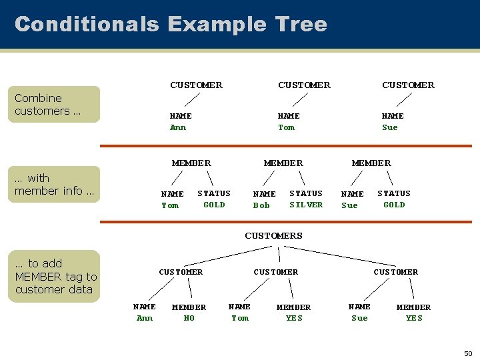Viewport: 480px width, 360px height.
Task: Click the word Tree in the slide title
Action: pos(299,25)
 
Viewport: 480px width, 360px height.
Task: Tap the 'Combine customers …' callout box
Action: pos(57,105)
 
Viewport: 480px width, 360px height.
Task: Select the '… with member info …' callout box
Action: pos(57,185)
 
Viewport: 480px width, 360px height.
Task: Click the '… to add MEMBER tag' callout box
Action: pos(57,276)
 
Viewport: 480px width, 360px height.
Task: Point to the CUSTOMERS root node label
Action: pos(273,236)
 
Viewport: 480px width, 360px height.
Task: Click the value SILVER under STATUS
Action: pos(306,205)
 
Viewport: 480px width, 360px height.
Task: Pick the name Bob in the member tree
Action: pos(261,205)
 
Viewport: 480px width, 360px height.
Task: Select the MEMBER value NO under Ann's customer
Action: pos(189,318)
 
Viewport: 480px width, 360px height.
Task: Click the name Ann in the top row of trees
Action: pos(178,127)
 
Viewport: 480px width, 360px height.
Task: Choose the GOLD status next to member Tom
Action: pos(214,205)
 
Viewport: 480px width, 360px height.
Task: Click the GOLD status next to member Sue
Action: pos(394,205)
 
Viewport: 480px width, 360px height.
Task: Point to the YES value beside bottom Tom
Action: pos(294,318)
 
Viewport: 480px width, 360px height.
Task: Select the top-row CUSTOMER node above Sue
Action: pos(408,85)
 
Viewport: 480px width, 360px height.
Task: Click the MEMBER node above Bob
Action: pos(283,163)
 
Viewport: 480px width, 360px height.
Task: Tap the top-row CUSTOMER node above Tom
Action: pos(304,85)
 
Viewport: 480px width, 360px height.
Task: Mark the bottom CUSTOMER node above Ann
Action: pos(181,272)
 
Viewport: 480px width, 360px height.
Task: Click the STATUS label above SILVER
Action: pos(306,193)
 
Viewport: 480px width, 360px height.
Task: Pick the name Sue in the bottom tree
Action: pos(359,318)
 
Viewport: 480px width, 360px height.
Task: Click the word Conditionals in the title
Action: pos(87,25)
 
